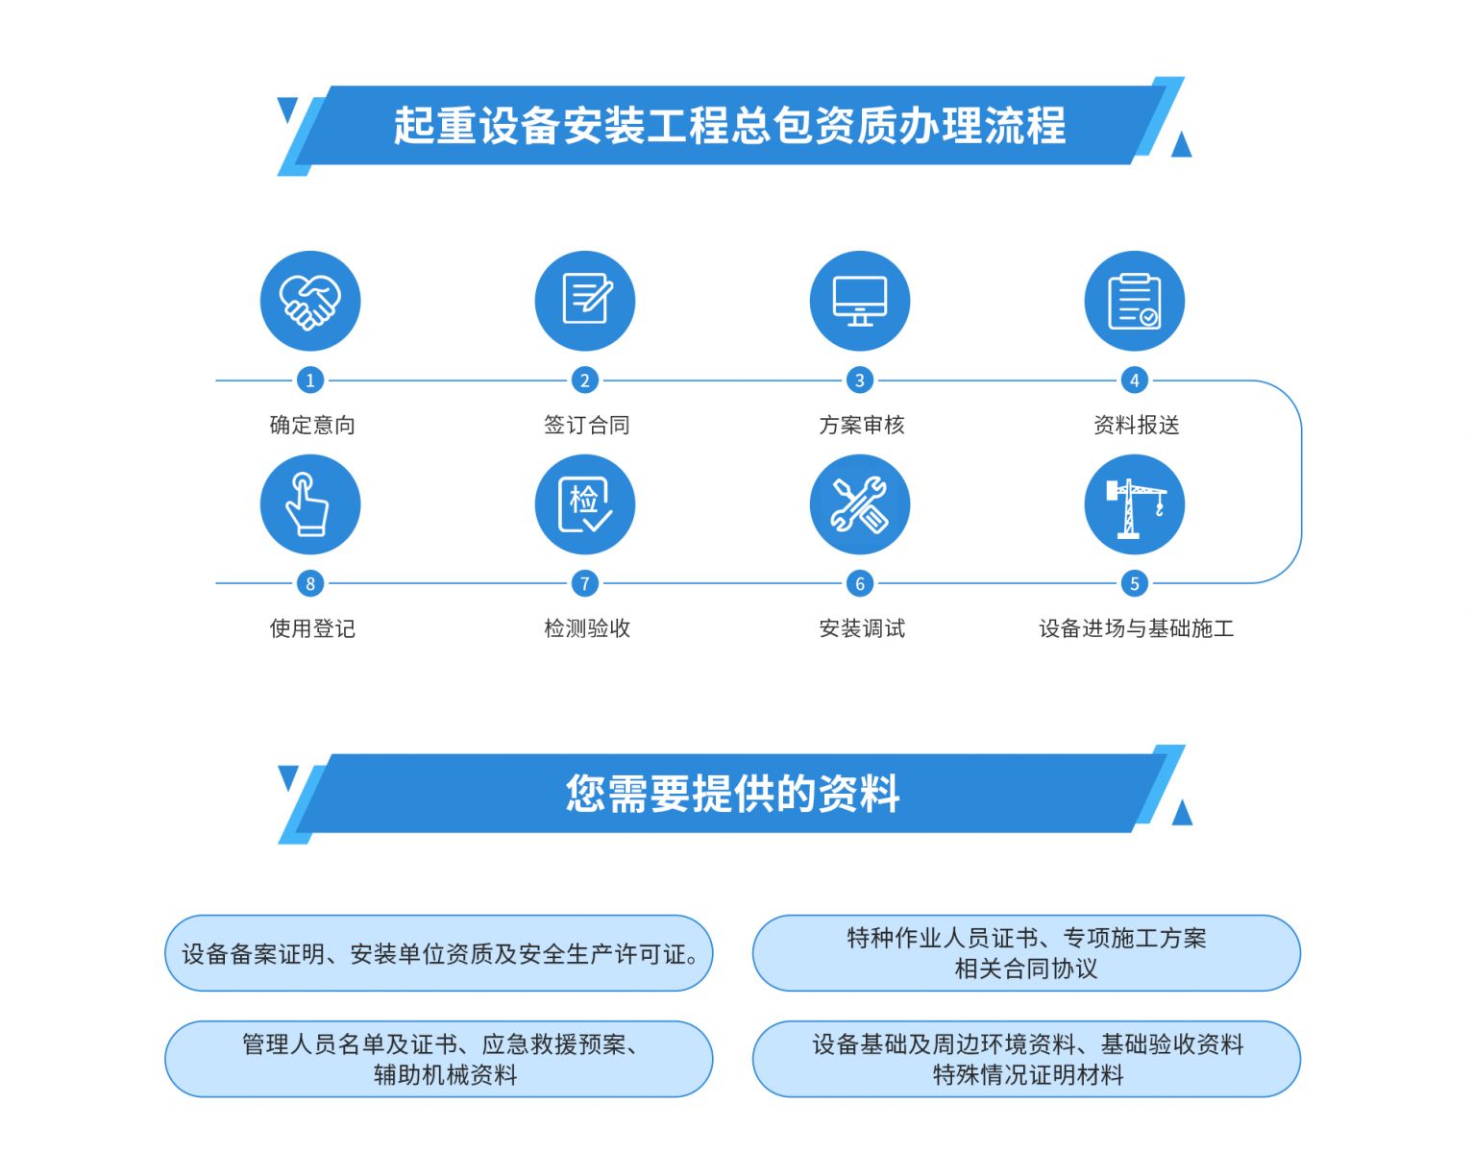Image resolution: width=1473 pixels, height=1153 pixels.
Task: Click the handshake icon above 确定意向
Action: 309,301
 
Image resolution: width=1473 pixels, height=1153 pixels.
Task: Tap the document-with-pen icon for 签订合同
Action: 585,301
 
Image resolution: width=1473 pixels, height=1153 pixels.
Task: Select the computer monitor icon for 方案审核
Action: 860,301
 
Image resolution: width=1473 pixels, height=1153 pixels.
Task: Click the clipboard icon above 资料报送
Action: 1135,301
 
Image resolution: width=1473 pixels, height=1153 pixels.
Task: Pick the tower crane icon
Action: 1135,504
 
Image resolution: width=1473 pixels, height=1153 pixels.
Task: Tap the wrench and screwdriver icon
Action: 860,504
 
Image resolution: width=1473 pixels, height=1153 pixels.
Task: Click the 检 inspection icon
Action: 585,504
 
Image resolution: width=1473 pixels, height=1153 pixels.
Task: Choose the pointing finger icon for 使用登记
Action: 309,504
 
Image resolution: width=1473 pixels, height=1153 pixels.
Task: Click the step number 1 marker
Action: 309,380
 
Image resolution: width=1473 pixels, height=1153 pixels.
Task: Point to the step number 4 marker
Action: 1135,380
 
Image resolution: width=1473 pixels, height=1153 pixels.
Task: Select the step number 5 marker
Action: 1135,583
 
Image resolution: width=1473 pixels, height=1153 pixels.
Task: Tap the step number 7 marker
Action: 585,583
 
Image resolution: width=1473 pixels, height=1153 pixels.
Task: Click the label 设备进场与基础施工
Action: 1136,628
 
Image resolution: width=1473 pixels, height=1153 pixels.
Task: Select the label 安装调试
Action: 862,628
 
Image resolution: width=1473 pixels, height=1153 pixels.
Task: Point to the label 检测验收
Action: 587,628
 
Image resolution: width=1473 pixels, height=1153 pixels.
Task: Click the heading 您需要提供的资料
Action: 733,793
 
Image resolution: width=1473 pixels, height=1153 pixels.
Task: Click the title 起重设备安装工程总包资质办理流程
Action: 730,126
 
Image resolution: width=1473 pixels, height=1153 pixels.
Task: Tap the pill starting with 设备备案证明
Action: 438,953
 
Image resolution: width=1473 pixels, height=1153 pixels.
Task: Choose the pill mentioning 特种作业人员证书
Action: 1026,953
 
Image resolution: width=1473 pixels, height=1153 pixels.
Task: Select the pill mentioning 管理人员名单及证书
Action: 438,1059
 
